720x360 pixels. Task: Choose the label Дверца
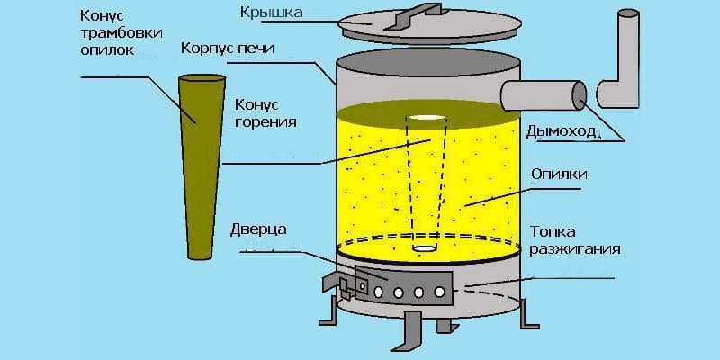coord(260,229)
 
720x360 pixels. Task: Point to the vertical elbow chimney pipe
coord(622,63)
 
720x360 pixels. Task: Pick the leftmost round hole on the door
coord(378,292)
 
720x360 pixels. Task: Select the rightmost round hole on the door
coord(439,292)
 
